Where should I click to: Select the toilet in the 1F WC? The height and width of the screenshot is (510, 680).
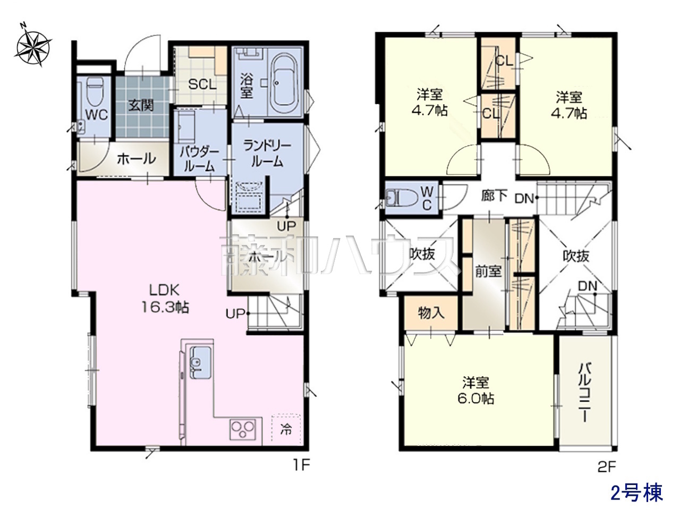(94, 93)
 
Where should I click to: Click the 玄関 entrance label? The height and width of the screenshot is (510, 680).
(141, 106)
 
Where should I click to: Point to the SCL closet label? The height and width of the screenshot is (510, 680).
(202, 84)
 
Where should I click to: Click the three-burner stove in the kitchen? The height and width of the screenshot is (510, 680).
(243, 429)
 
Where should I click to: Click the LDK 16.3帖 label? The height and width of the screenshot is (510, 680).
(165, 299)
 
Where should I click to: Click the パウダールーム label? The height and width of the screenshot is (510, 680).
(200, 159)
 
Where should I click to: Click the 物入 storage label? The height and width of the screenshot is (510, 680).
(431, 313)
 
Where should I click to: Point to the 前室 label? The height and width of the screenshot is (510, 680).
(488, 271)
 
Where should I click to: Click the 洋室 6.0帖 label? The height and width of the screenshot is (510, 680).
(476, 390)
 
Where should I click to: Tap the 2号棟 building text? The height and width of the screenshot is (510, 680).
(636, 492)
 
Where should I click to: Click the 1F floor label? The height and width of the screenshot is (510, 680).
(302, 465)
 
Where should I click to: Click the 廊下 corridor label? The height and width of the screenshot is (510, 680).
(495, 195)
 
